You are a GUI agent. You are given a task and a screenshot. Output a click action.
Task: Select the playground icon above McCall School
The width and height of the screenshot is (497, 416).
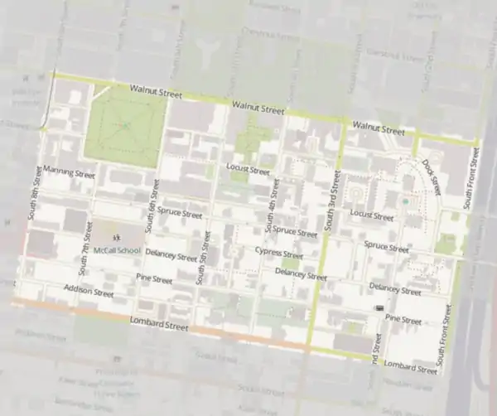(113, 236)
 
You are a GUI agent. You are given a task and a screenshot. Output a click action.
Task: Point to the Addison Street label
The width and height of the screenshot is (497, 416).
(88, 291)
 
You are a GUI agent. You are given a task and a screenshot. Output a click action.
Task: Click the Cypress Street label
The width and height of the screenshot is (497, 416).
(278, 253)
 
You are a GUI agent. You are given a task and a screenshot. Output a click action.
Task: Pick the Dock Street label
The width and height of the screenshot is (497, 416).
(432, 173)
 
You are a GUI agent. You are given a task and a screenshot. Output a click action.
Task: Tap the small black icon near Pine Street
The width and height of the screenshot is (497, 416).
(379, 307)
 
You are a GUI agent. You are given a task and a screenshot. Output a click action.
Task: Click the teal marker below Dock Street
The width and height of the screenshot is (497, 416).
(404, 201)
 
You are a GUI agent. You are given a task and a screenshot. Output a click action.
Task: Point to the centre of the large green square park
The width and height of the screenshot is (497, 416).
(122, 126)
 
